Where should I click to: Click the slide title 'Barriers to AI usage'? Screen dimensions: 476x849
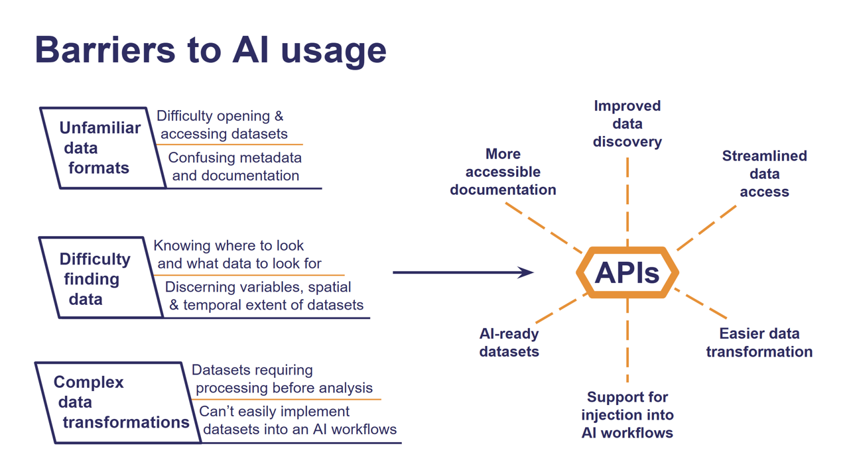click(x=210, y=50)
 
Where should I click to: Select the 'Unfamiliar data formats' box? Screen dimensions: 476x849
click(x=101, y=148)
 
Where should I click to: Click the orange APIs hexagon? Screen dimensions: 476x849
click(x=627, y=272)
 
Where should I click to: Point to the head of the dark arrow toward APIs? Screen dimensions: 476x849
click(x=527, y=272)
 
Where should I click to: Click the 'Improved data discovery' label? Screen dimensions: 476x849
click(x=627, y=124)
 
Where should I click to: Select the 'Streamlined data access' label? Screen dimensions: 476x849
click(x=764, y=174)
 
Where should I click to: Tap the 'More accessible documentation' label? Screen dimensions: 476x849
click(x=503, y=172)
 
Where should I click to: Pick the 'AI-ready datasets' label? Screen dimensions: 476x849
click(x=509, y=342)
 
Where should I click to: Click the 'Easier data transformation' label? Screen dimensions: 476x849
click(x=759, y=342)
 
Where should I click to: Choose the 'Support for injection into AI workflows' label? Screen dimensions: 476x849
click(x=627, y=415)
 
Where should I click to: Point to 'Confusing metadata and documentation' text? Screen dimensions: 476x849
click(x=235, y=166)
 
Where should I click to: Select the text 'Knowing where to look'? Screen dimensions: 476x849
click(x=229, y=246)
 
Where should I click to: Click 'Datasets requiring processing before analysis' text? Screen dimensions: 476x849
click(x=282, y=379)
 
